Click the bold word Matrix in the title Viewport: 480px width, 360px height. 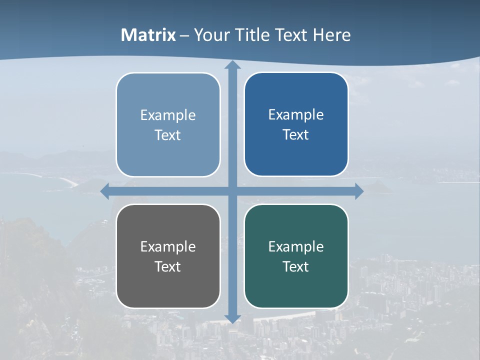coord(148,35)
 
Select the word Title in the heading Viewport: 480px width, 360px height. coord(253,35)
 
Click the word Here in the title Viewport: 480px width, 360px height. coord(332,35)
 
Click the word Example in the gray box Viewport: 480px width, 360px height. coord(168,246)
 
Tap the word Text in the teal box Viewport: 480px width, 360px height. coord(296,266)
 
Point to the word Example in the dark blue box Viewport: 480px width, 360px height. coord(296,114)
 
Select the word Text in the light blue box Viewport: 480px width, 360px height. coord(168,135)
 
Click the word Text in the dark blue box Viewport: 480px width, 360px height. coord(296,134)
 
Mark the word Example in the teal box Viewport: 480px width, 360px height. coord(296,246)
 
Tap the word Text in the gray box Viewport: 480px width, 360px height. coord(168,266)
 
